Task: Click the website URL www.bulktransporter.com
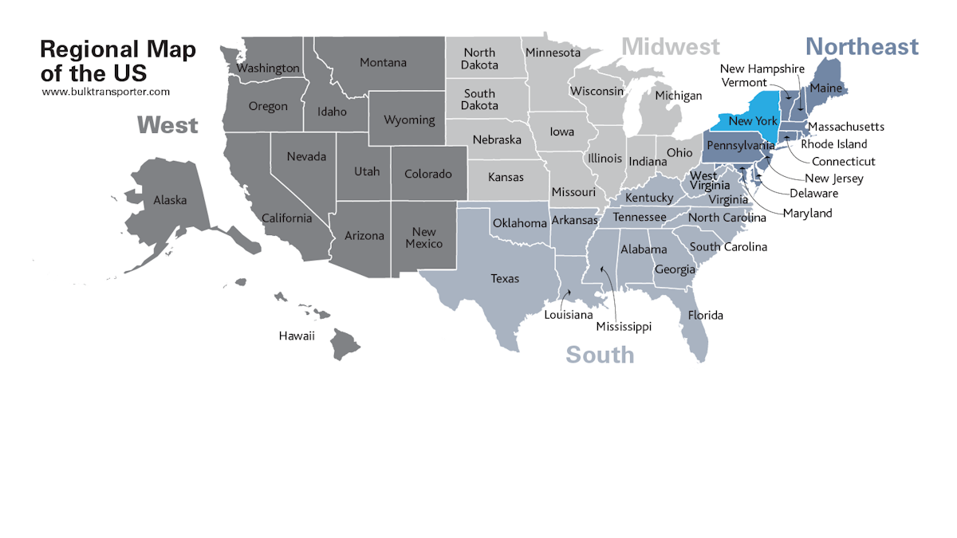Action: pos(105,92)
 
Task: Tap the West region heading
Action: pos(167,125)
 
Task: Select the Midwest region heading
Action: pos(671,47)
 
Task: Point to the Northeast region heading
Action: pos(861,47)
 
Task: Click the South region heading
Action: pos(600,355)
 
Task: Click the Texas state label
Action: pos(505,278)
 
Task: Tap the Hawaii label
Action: pos(297,336)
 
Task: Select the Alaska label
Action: pos(170,200)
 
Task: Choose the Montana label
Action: pos(383,62)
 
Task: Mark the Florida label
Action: pos(706,315)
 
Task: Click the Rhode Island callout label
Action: pos(834,144)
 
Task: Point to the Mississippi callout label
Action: pos(624,327)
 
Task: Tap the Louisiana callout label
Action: pos(568,315)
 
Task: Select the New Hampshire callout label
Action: pos(762,69)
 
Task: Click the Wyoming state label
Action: pos(409,120)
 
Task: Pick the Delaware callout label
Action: pos(813,193)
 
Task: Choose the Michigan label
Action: pos(678,96)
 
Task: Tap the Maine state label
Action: pos(825,88)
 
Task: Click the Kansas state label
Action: pos(506,177)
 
